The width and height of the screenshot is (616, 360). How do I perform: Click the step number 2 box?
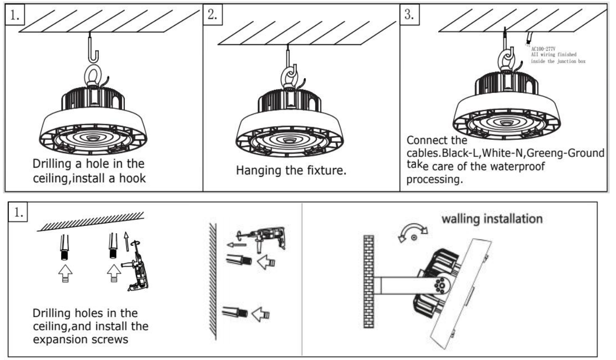pos(212,15)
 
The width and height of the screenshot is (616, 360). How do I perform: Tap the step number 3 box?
pos(409,15)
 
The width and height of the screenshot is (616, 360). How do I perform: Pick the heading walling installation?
pos(492,219)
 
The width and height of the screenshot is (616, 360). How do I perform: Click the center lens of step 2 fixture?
pos(290,140)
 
